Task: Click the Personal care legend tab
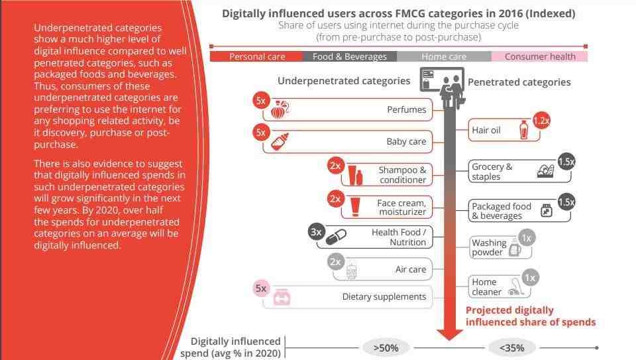[x=256, y=56]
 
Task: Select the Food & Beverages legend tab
[x=350, y=56]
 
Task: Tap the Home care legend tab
[x=444, y=56]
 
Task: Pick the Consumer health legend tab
[x=540, y=56]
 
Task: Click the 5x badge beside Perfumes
[x=261, y=101]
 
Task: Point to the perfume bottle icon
[x=280, y=109]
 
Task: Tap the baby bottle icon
[x=280, y=142]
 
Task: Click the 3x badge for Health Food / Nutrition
[x=317, y=232]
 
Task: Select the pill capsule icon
[x=336, y=237]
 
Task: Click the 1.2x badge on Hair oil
[x=541, y=121]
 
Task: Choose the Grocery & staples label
[x=492, y=172]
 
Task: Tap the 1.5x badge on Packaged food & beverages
[x=566, y=202]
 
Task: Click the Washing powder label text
[x=489, y=247]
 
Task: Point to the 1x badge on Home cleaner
[x=530, y=278]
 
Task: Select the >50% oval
[x=386, y=348]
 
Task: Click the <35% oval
[x=512, y=348]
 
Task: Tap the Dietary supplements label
[x=384, y=297]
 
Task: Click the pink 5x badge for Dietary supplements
[x=261, y=288]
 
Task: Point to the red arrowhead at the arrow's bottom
[x=450, y=335]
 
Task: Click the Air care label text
[x=411, y=269]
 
